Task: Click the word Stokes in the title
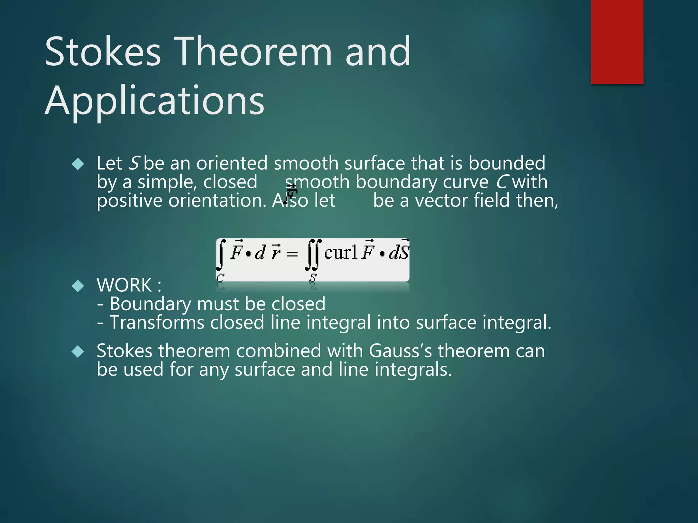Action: tap(102, 52)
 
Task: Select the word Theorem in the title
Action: tap(254, 52)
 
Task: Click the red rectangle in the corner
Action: tap(617, 42)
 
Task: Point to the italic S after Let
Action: tap(134, 163)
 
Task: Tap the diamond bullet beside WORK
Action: tap(78, 286)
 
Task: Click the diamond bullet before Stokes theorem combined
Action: tap(78, 351)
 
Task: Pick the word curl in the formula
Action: tap(340, 253)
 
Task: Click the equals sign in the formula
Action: tap(292, 254)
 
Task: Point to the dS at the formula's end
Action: tap(399, 253)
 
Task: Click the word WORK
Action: tap(124, 285)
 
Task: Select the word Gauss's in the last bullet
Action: tap(400, 351)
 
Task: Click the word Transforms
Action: tap(157, 322)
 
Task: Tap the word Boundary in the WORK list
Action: tap(150, 304)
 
